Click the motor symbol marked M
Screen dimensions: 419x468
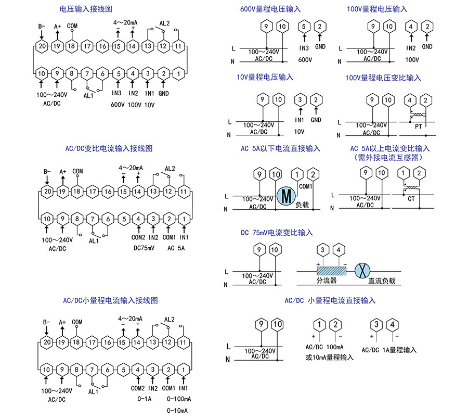pyautogui.click(x=285, y=196)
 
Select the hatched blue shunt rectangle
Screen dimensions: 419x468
pyautogui.click(x=331, y=271)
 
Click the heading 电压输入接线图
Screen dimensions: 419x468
pyautogui.click(x=86, y=9)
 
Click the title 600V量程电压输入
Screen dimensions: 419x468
pyautogui.click(x=270, y=9)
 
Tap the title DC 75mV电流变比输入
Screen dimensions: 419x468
pyautogui.click(x=277, y=232)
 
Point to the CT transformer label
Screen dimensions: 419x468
pyautogui.click(x=411, y=199)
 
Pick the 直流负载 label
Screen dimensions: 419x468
pyautogui.click(x=382, y=281)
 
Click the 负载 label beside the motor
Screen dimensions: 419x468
pyautogui.click(x=302, y=205)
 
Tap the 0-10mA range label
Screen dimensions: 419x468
pyautogui.click(x=177, y=411)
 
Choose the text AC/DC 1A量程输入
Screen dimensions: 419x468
pyautogui.click(x=389, y=350)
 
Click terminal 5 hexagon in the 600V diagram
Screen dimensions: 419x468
pyautogui.click(x=304, y=27)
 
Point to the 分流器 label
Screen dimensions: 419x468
pyautogui.click(x=327, y=281)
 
